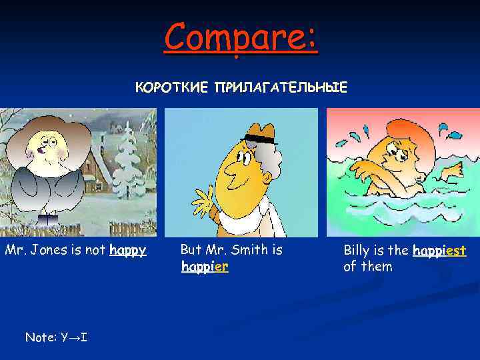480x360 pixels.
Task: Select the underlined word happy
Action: (x=128, y=251)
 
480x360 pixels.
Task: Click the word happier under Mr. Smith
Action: (x=205, y=267)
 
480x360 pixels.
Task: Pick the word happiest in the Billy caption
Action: (x=439, y=251)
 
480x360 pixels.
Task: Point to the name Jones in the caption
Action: (x=45, y=251)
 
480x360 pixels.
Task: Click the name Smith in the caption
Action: (x=246, y=250)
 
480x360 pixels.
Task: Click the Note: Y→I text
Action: (x=56, y=337)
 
